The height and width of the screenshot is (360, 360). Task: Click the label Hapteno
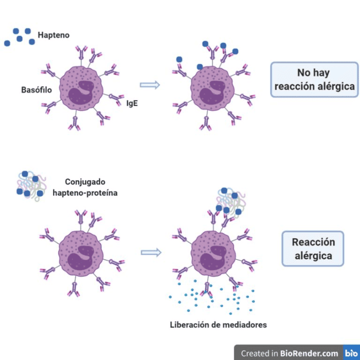pos(53,35)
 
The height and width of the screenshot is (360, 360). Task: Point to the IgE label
pos(132,103)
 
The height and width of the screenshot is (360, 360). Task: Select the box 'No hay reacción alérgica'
pos(313,80)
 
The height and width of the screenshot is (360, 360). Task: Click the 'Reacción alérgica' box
pos(313,248)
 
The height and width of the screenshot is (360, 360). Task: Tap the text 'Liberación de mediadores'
pos(218,325)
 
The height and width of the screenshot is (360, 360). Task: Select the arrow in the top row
pos(151,85)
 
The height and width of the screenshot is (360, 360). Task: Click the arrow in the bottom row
pos(151,252)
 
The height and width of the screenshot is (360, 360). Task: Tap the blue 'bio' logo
pos(351,353)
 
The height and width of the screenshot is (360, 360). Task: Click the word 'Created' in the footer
pos(256,353)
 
